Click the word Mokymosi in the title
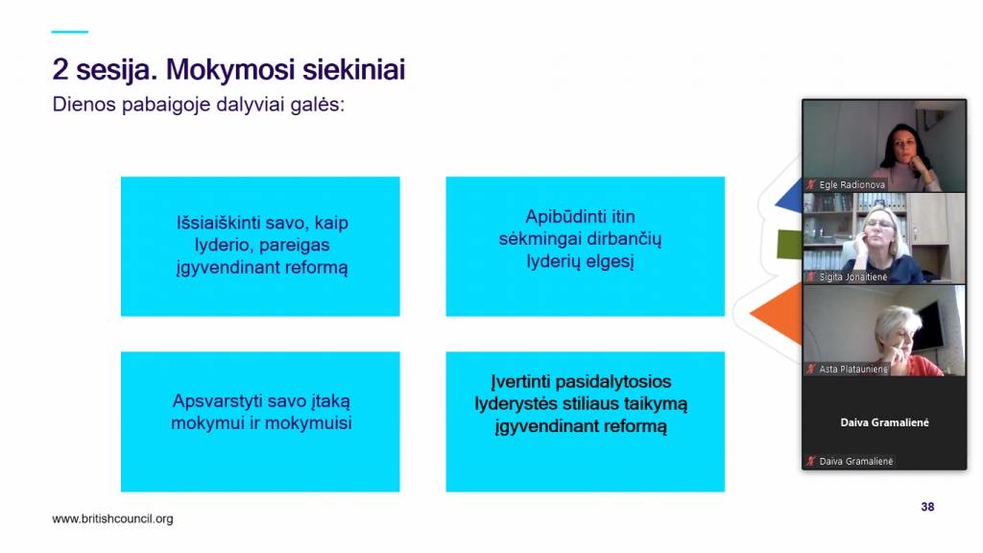[x=230, y=70]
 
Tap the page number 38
[x=928, y=507]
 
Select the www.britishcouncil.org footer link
[x=113, y=519]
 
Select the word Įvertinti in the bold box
[x=520, y=381]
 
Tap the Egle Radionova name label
[x=852, y=185]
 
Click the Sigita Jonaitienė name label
[x=853, y=277]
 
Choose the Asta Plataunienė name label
[x=853, y=370]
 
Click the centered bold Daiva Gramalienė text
[x=884, y=422]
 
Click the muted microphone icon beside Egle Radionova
[x=811, y=185]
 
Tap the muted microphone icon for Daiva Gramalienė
[x=811, y=462]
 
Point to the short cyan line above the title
[x=69, y=32]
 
